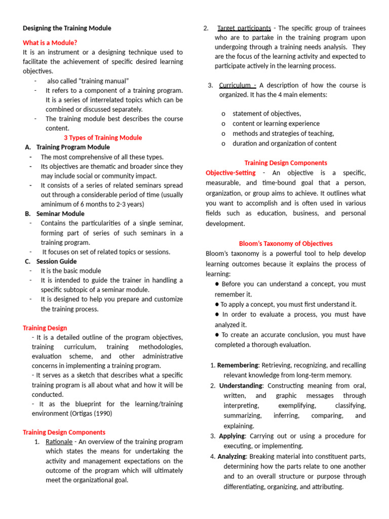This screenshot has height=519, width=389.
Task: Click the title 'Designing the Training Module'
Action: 67,28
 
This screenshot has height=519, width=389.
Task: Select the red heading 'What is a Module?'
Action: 50,43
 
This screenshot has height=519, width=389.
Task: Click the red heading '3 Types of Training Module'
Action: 103,137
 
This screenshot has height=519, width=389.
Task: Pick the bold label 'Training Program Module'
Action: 73,147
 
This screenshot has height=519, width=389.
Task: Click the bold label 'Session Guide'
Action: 57,262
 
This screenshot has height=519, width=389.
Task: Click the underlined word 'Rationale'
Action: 59,441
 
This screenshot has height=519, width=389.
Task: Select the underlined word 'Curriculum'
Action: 236,85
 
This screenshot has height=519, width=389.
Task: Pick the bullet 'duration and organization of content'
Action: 284,143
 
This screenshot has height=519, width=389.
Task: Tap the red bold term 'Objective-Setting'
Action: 230,173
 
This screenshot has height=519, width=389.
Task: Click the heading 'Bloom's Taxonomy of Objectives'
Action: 286,243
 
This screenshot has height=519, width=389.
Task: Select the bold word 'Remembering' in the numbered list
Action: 238,365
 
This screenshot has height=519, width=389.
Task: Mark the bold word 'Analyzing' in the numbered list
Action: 232,456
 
